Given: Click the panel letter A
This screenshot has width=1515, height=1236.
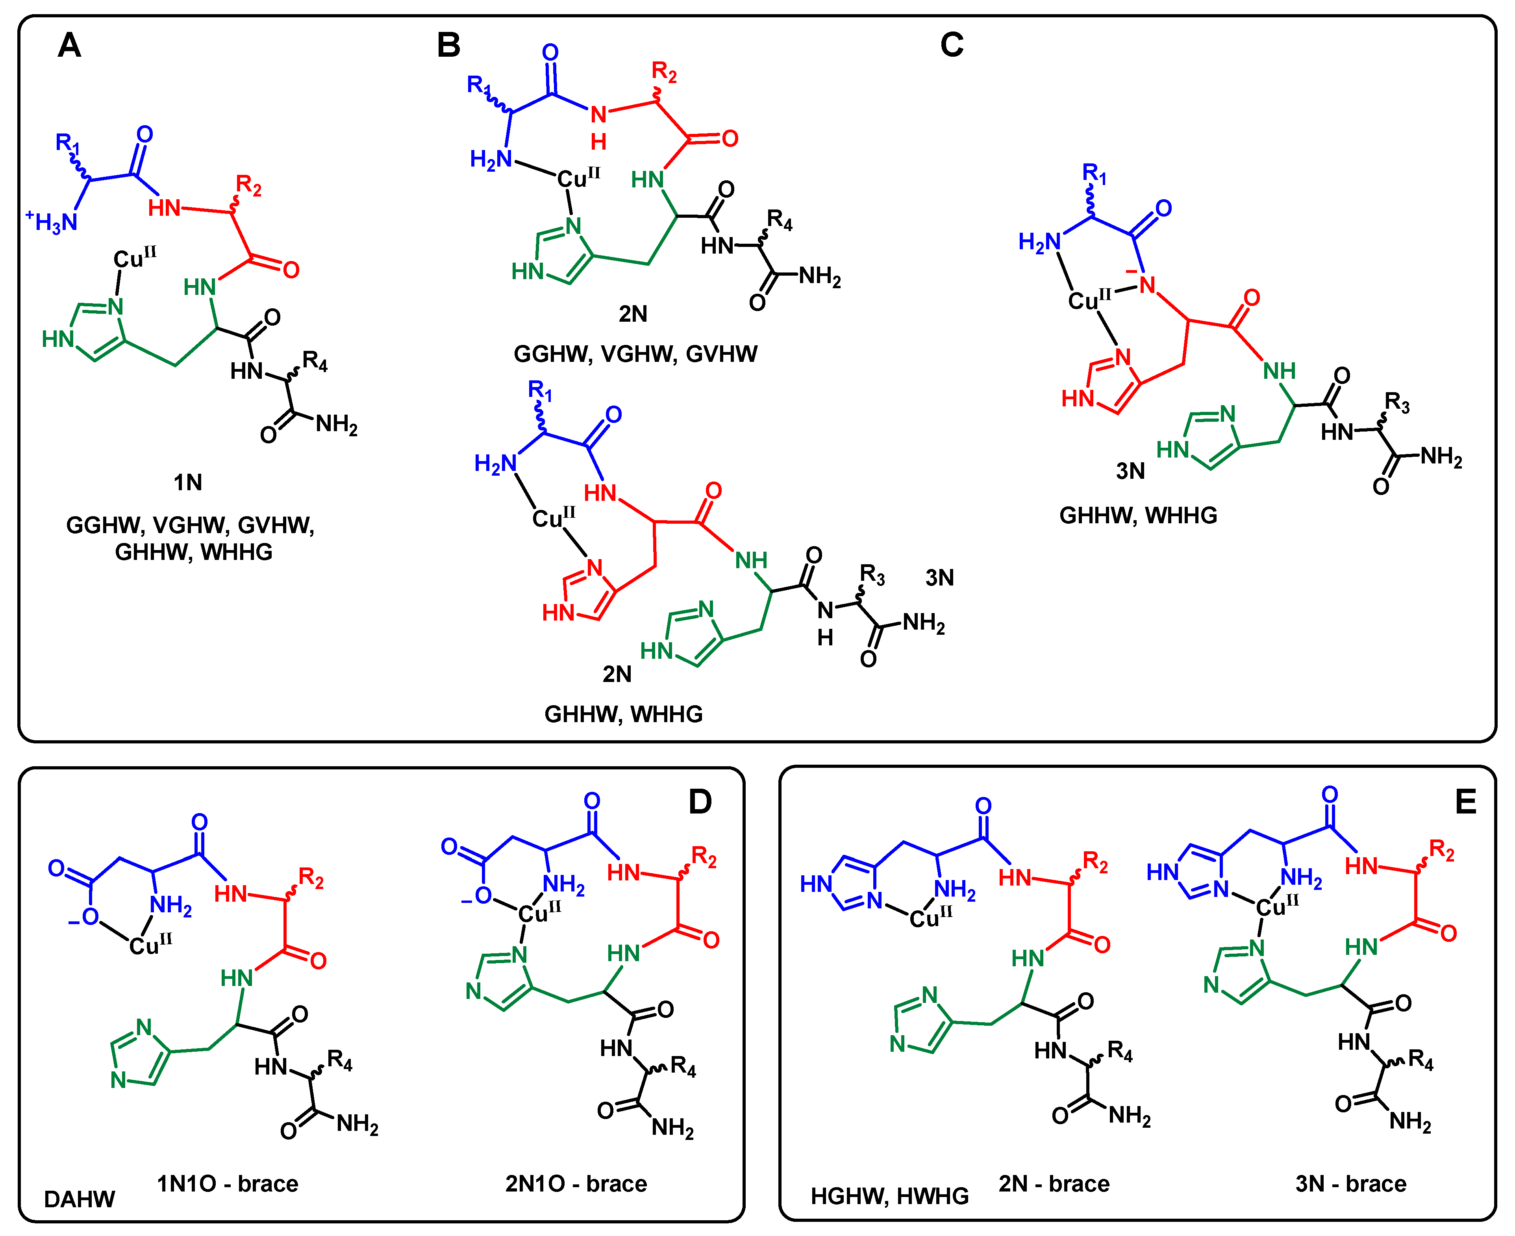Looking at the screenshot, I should [69, 46].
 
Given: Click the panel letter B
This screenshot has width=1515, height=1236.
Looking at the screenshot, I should [448, 46].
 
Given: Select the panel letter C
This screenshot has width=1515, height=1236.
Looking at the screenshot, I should [952, 46].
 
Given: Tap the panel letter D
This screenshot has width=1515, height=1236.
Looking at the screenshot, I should [700, 802].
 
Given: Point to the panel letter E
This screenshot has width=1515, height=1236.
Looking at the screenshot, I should [1465, 802].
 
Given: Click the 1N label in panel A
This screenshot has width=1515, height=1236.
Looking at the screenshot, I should [188, 483].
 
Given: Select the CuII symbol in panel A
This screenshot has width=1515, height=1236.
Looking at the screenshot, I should [134, 258].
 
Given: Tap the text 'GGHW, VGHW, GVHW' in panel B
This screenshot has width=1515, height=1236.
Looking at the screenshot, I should [635, 354].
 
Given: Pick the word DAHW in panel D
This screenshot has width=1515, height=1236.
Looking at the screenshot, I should [79, 1199].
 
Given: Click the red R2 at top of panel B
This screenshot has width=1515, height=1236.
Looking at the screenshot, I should [663, 72].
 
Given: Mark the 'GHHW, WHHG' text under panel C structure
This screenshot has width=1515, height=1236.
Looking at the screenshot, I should [1138, 515].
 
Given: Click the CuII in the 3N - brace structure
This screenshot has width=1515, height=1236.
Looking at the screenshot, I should [1276, 906].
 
